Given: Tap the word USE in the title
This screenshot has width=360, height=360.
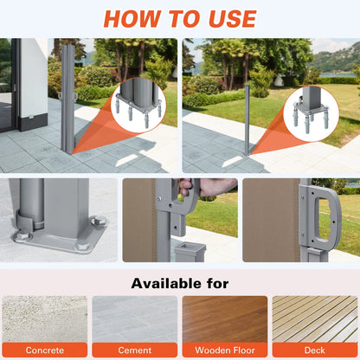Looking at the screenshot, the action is (232, 19).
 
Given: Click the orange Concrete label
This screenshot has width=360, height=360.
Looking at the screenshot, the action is (45, 350).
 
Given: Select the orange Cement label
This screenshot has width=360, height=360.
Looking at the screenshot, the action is (135, 350).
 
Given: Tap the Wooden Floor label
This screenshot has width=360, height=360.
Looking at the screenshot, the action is (225, 350).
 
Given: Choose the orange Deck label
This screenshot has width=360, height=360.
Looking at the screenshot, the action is (315, 350).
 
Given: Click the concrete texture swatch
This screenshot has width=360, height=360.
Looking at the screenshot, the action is (45, 319).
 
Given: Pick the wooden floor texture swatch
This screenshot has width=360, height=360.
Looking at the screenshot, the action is (225, 319).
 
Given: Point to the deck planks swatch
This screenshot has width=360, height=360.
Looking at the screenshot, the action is (315, 319).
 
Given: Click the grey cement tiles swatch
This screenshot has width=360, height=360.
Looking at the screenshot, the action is (135, 319).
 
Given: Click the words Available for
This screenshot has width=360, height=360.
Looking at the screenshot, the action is (180, 283).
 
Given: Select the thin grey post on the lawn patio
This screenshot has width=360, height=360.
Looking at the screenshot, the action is (247, 119).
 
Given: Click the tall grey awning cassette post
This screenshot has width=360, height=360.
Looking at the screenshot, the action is (68, 98).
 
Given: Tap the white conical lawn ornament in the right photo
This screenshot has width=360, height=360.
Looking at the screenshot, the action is (278, 80).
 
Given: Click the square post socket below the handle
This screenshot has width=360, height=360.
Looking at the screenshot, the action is (190, 252).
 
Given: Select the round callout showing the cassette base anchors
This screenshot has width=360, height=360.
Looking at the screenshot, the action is (138, 105).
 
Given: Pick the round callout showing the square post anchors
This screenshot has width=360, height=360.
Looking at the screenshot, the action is (312, 113).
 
